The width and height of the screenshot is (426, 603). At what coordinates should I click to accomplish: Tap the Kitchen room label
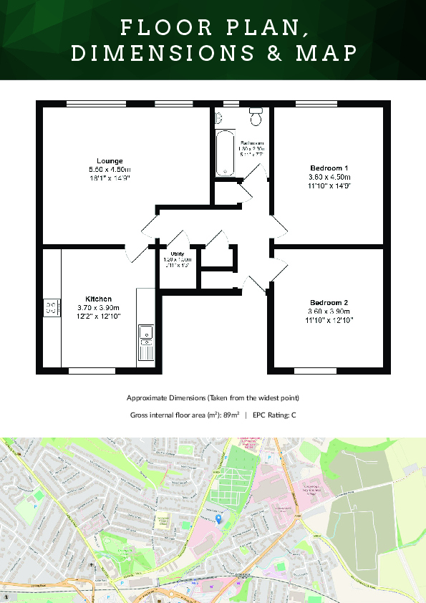pyautogui.click(x=98, y=299)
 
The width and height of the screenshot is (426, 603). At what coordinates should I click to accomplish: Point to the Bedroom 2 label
pyautogui.click(x=329, y=302)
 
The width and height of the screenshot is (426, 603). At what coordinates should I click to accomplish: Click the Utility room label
pyautogui.click(x=178, y=254)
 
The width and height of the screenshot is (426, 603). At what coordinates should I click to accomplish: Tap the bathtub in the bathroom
pyautogui.click(x=226, y=153)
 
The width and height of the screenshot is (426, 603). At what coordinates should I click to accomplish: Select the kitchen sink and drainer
pyautogui.click(x=145, y=342)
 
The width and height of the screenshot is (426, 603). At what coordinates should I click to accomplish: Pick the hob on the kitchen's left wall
pyautogui.click(x=51, y=308)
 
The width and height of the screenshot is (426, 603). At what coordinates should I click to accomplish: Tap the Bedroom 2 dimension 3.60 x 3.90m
pyautogui.click(x=329, y=312)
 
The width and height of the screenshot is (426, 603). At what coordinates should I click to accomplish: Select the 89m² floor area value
pyautogui.click(x=229, y=415)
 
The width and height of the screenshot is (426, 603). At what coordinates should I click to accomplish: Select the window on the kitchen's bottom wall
pyautogui.click(x=92, y=371)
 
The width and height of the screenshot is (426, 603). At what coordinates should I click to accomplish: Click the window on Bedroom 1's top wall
pyautogui.click(x=316, y=105)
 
